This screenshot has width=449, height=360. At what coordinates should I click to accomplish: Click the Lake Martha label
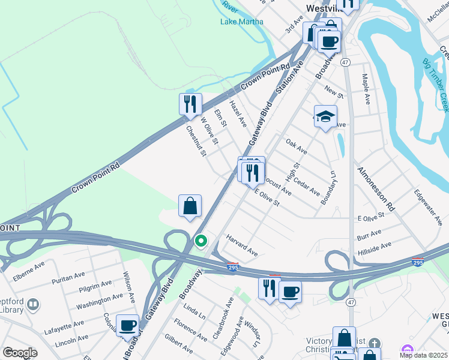coord(241,22)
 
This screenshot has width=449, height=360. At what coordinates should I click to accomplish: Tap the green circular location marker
coord(201,241)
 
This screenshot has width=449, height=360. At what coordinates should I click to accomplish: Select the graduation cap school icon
coord(325,117)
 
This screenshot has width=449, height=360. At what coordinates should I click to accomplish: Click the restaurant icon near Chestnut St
coord(190,104)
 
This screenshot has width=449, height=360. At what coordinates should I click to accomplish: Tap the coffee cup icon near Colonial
coord(127,326)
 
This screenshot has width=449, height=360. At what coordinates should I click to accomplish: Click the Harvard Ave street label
coord(242,246)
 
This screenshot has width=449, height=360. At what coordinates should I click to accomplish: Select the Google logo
coord(20,353)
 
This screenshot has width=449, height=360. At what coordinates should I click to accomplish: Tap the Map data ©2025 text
coord(423,355)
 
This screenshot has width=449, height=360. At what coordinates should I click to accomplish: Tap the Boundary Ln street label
coord(328,188)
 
